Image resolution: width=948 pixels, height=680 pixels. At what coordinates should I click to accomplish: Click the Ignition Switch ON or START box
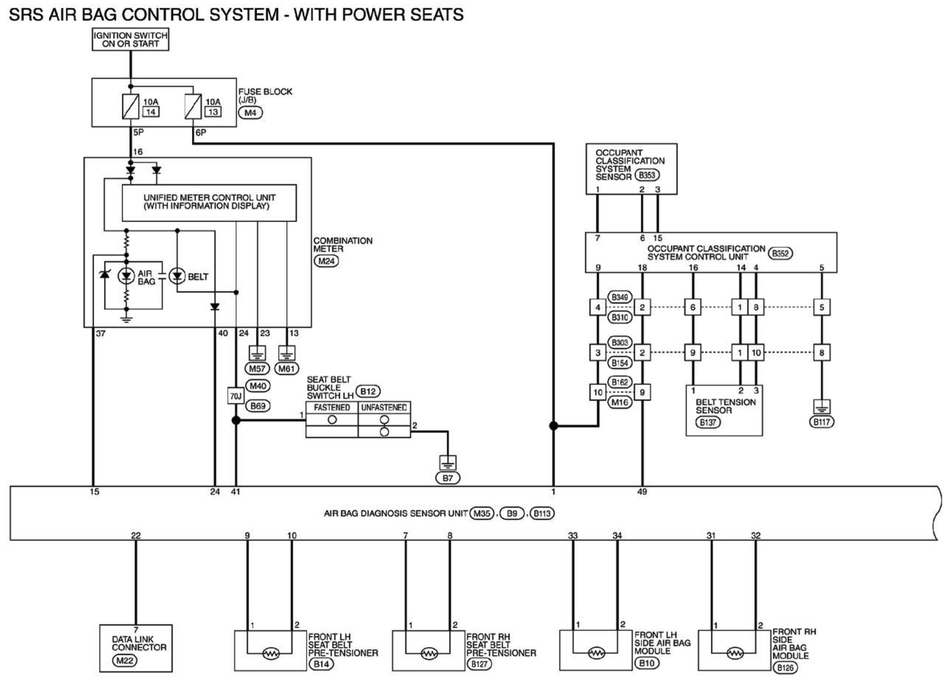coord(130,40)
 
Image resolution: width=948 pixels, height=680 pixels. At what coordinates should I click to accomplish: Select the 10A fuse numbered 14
coord(130,106)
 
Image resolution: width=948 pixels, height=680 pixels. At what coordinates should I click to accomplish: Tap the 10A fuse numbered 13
coord(193,106)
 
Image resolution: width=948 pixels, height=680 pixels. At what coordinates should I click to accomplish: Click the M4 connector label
coord(250,113)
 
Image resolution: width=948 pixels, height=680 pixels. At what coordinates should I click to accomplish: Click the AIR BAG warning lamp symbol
coord(126,276)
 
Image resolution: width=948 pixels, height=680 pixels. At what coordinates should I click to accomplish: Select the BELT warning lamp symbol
coord(177,276)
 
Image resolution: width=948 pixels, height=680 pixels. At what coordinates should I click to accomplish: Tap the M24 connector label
coord(327,261)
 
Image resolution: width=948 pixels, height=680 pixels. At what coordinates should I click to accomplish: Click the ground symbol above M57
coord(257,353)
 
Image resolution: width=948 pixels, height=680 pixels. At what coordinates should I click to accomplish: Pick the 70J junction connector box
coord(236,396)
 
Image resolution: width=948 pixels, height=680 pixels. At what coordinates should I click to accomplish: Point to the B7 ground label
coord(448,478)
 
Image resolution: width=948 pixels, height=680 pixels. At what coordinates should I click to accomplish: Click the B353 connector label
coord(647,175)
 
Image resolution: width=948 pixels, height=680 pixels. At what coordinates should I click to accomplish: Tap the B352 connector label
coord(780,253)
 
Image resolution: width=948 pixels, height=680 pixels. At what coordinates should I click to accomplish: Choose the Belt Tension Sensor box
coord(724,410)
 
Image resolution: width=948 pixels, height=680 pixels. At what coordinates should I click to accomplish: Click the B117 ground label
coord(822,422)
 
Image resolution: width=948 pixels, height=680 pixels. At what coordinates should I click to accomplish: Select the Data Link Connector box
coord(136,648)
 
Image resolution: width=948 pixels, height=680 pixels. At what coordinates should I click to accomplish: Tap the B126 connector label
coord(786,668)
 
